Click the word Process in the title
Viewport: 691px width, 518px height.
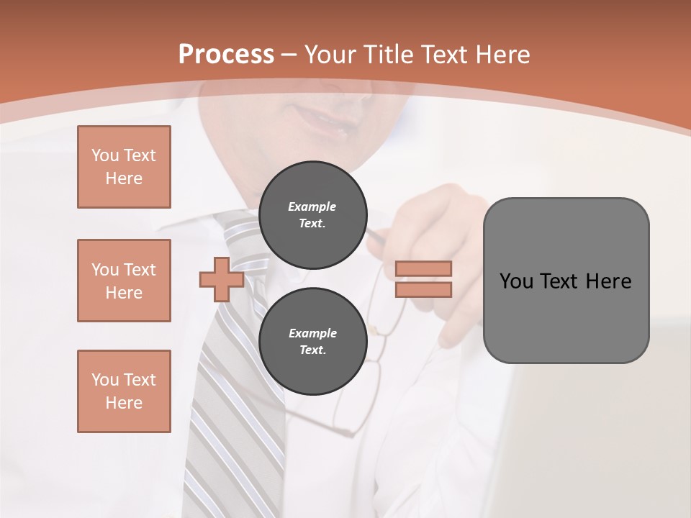[x=226, y=55]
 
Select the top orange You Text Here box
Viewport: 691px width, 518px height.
[x=124, y=167]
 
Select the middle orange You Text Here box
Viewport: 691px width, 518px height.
[x=124, y=281]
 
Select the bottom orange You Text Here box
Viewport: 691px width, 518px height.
[x=124, y=391]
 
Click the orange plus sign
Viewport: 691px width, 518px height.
[x=222, y=279]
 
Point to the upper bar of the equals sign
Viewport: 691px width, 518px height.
[x=423, y=268]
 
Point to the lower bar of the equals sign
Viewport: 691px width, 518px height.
[x=423, y=289]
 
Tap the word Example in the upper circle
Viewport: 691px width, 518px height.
[x=312, y=206]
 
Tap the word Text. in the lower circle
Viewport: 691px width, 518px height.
[x=312, y=350]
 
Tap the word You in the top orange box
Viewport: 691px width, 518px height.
[x=104, y=155]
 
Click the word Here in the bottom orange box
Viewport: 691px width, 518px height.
[x=124, y=403]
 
